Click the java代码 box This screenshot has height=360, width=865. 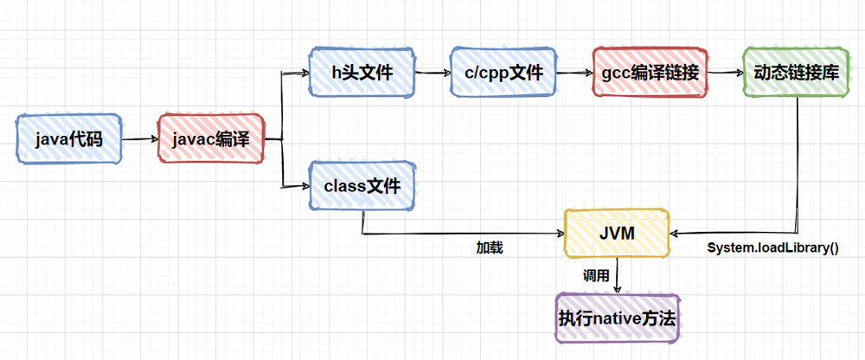coord(69,138)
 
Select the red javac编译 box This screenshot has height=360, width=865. coord(210,138)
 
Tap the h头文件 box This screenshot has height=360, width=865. coord(362,72)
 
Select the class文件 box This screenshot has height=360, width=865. coord(362,185)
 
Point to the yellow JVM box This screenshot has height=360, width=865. coord(617,233)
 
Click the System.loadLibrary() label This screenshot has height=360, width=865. coord(773,248)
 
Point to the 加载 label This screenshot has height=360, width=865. coord(490,248)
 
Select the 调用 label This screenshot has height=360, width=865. coord(596,276)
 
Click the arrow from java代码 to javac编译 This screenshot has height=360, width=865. coord(139,138)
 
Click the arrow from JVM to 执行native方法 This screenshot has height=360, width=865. coord(617,275)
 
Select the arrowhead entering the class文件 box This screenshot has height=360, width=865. coord(304,185)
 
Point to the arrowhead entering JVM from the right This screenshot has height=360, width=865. coord(676,233)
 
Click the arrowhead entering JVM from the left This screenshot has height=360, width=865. coord(558,233)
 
